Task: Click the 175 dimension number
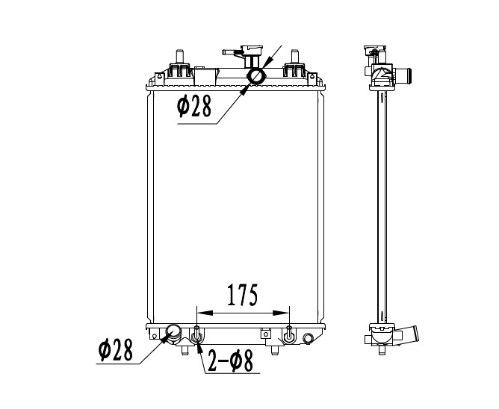click(x=242, y=295)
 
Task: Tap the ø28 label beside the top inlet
click(x=194, y=106)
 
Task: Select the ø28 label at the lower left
click(x=115, y=350)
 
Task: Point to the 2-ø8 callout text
click(x=230, y=360)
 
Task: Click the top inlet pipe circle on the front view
click(x=256, y=77)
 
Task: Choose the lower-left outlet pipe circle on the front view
click(x=173, y=333)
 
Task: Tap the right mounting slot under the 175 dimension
click(x=289, y=334)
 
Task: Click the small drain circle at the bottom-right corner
click(x=308, y=338)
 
